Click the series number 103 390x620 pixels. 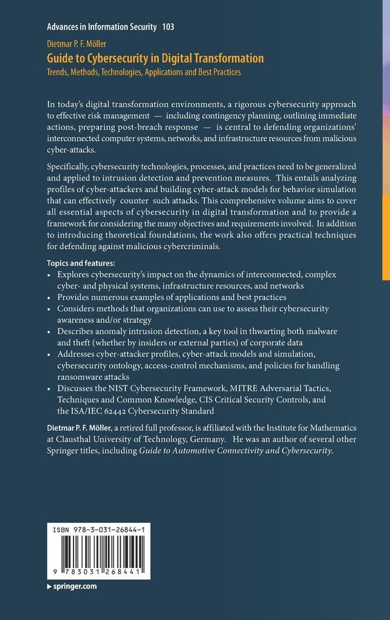point(168,27)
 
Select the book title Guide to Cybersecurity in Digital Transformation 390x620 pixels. point(156,58)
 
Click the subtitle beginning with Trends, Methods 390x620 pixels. point(144,72)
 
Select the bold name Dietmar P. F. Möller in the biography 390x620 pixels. point(89,428)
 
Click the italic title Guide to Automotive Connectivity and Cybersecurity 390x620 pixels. point(236,450)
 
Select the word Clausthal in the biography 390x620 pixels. point(78,439)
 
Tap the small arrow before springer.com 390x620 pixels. point(49,587)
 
